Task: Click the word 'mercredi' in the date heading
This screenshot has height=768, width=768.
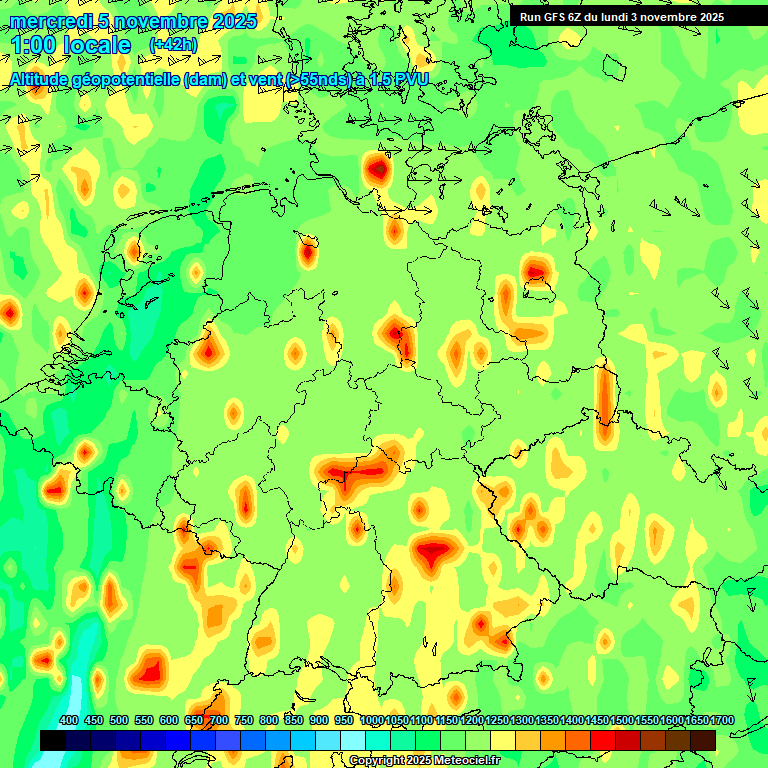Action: pos(48,21)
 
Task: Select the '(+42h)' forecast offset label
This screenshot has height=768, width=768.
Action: pos(173,45)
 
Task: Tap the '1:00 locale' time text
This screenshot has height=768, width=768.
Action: pos(71,45)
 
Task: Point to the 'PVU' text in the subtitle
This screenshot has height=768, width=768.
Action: pos(408,80)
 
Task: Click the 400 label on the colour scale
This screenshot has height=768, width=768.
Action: pos(69,720)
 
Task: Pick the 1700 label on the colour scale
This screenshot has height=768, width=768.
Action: pos(696,720)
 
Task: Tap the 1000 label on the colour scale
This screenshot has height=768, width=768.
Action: pos(371,720)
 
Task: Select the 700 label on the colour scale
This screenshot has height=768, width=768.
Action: pos(219,720)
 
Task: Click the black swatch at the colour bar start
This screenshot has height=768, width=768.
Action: pos(53,740)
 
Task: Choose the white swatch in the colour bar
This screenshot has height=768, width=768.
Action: pos(353,740)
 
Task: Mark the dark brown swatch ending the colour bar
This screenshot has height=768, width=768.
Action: pos(703,740)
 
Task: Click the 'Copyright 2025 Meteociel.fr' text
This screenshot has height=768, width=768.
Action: pos(423,761)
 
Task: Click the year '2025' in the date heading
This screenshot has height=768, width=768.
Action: pos(234,21)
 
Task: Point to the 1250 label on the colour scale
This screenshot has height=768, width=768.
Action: pos(496,720)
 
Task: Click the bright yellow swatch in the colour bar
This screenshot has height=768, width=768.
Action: pos(503,740)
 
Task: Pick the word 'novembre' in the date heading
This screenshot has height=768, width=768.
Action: pos(159,21)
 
